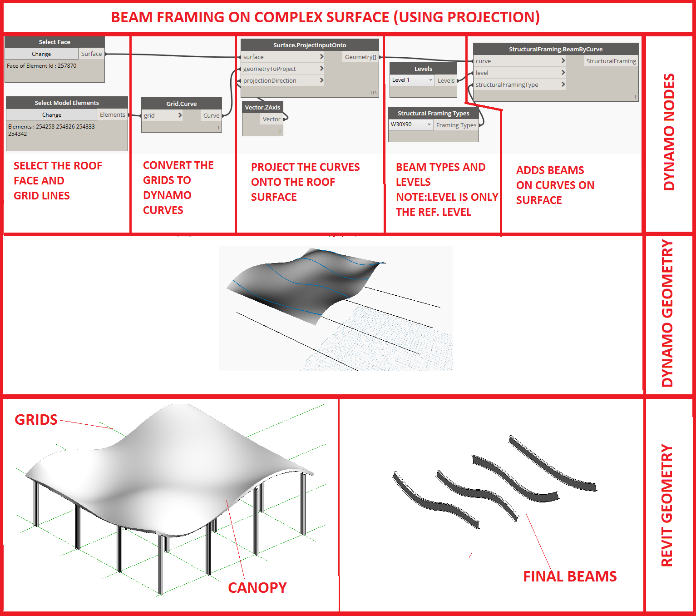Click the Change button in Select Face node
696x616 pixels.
(x=41, y=54)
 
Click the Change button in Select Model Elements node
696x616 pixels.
(x=52, y=115)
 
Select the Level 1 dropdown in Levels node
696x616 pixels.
(x=412, y=80)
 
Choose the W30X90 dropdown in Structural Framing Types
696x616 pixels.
(x=410, y=124)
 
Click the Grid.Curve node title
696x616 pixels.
(x=181, y=104)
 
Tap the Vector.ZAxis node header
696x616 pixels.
(x=262, y=107)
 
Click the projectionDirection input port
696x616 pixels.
(x=270, y=81)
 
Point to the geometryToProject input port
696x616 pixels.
(x=269, y=69)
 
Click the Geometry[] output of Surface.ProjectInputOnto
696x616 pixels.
(x=360, y=57)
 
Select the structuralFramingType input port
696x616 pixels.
(x=507, y=85)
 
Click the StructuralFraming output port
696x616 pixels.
(x=611, y=61)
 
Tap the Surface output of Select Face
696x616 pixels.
(x=91, y=54)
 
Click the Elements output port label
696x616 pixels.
(x=112, y=115)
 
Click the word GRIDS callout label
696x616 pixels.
(x=36, y=420)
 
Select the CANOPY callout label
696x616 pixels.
(x=257, y=588)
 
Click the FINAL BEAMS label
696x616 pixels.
(x=569, y=576)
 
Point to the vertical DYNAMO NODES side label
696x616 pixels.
(x=669, y=132)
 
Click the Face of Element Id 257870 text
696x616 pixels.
(x=42, y=66)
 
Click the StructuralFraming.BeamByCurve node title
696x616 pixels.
(x=555, y=49)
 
